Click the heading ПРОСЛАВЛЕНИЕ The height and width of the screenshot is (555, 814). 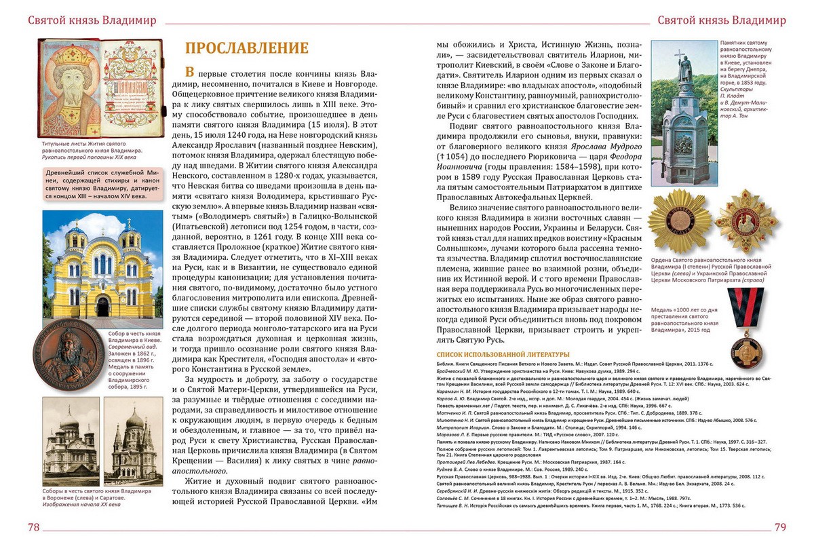coord(246,48)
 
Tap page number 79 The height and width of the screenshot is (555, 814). coord(779,528)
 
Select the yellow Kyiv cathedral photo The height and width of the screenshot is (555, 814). coord(102,268)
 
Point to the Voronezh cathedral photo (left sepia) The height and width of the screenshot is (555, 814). coord(71,442)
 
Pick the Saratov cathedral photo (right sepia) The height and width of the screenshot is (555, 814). coord(133,442)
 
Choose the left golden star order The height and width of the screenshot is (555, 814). coord(678,221)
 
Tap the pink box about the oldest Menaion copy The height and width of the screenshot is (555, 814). coord(102,183)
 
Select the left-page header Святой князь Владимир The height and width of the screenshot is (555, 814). coord(92,20)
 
